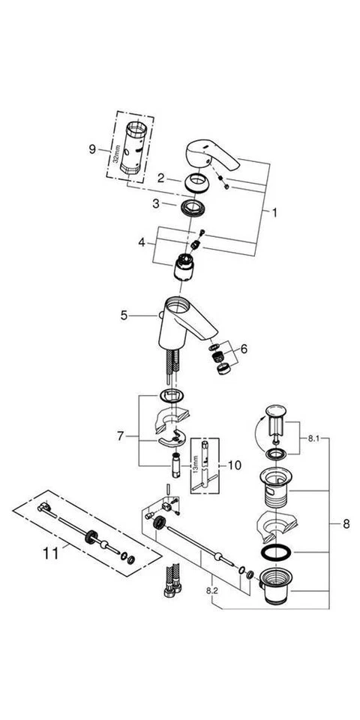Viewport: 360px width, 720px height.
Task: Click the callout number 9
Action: (93, 149)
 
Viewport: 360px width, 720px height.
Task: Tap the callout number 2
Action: (160, 178)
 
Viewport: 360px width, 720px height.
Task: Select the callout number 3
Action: (155, 203)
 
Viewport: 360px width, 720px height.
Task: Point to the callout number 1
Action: (274, 213)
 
